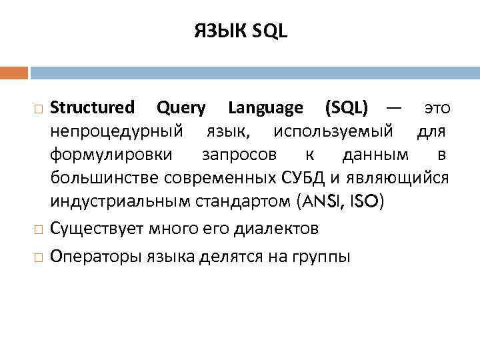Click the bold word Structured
[92, 107]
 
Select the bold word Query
[180, 107]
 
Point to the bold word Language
[265, 107]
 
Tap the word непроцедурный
[116, 131]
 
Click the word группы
[319, 257]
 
